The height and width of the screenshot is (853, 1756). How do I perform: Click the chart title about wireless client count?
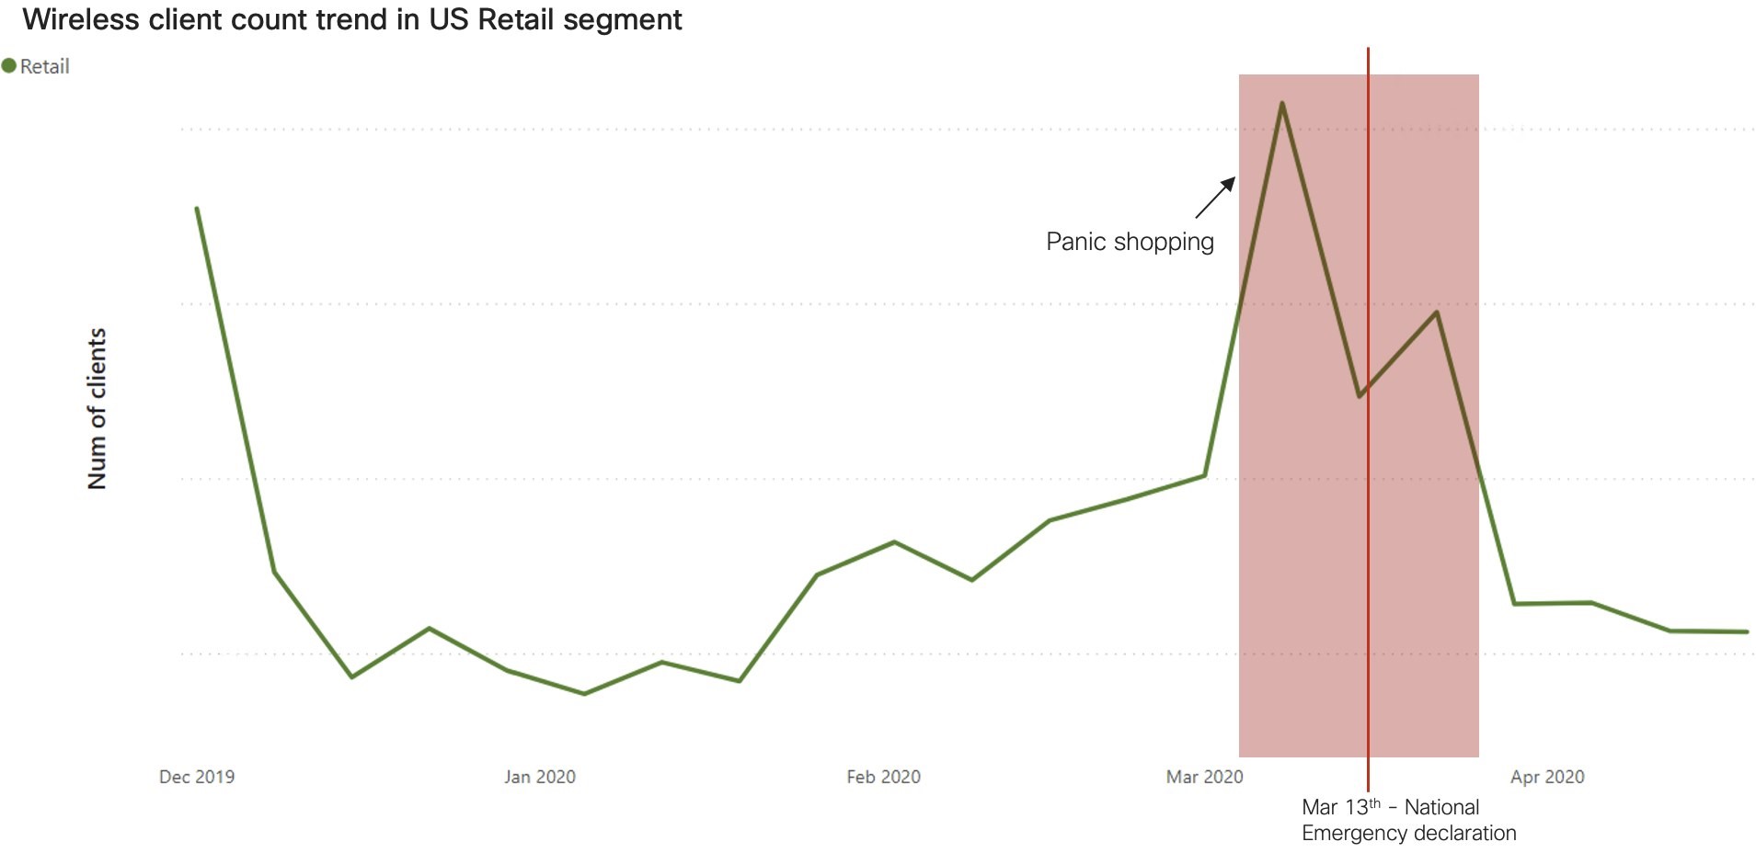(352, 19)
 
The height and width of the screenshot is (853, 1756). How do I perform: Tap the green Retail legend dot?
(9, 66)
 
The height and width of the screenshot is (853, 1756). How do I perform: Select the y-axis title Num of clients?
(98, 408)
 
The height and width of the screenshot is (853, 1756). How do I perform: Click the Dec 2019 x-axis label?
(197, 777)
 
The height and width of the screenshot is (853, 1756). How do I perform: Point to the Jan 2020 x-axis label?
(540, 777)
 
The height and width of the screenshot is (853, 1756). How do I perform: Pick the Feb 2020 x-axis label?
(883, 777)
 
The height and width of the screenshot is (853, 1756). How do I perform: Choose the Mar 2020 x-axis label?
(1204, 777)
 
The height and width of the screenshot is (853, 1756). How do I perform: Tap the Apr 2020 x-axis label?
(1547, 777)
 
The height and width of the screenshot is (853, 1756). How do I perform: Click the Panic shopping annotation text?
(1130, 242)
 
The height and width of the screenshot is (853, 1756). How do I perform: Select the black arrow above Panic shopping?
(1215, 198)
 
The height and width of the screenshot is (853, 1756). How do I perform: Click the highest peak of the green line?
(1282, 103)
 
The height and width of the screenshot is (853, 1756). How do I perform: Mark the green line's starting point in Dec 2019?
(197, 209)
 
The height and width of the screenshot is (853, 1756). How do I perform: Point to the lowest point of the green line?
(584, 694)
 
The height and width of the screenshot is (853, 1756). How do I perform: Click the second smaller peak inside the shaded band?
(1437, 313)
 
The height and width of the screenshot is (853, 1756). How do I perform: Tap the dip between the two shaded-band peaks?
(1360, 396)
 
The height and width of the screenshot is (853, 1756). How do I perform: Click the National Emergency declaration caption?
(1408, 820)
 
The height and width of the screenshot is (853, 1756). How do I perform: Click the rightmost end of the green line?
(1747, 631)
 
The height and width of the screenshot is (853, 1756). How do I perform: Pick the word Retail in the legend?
(45, 66)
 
